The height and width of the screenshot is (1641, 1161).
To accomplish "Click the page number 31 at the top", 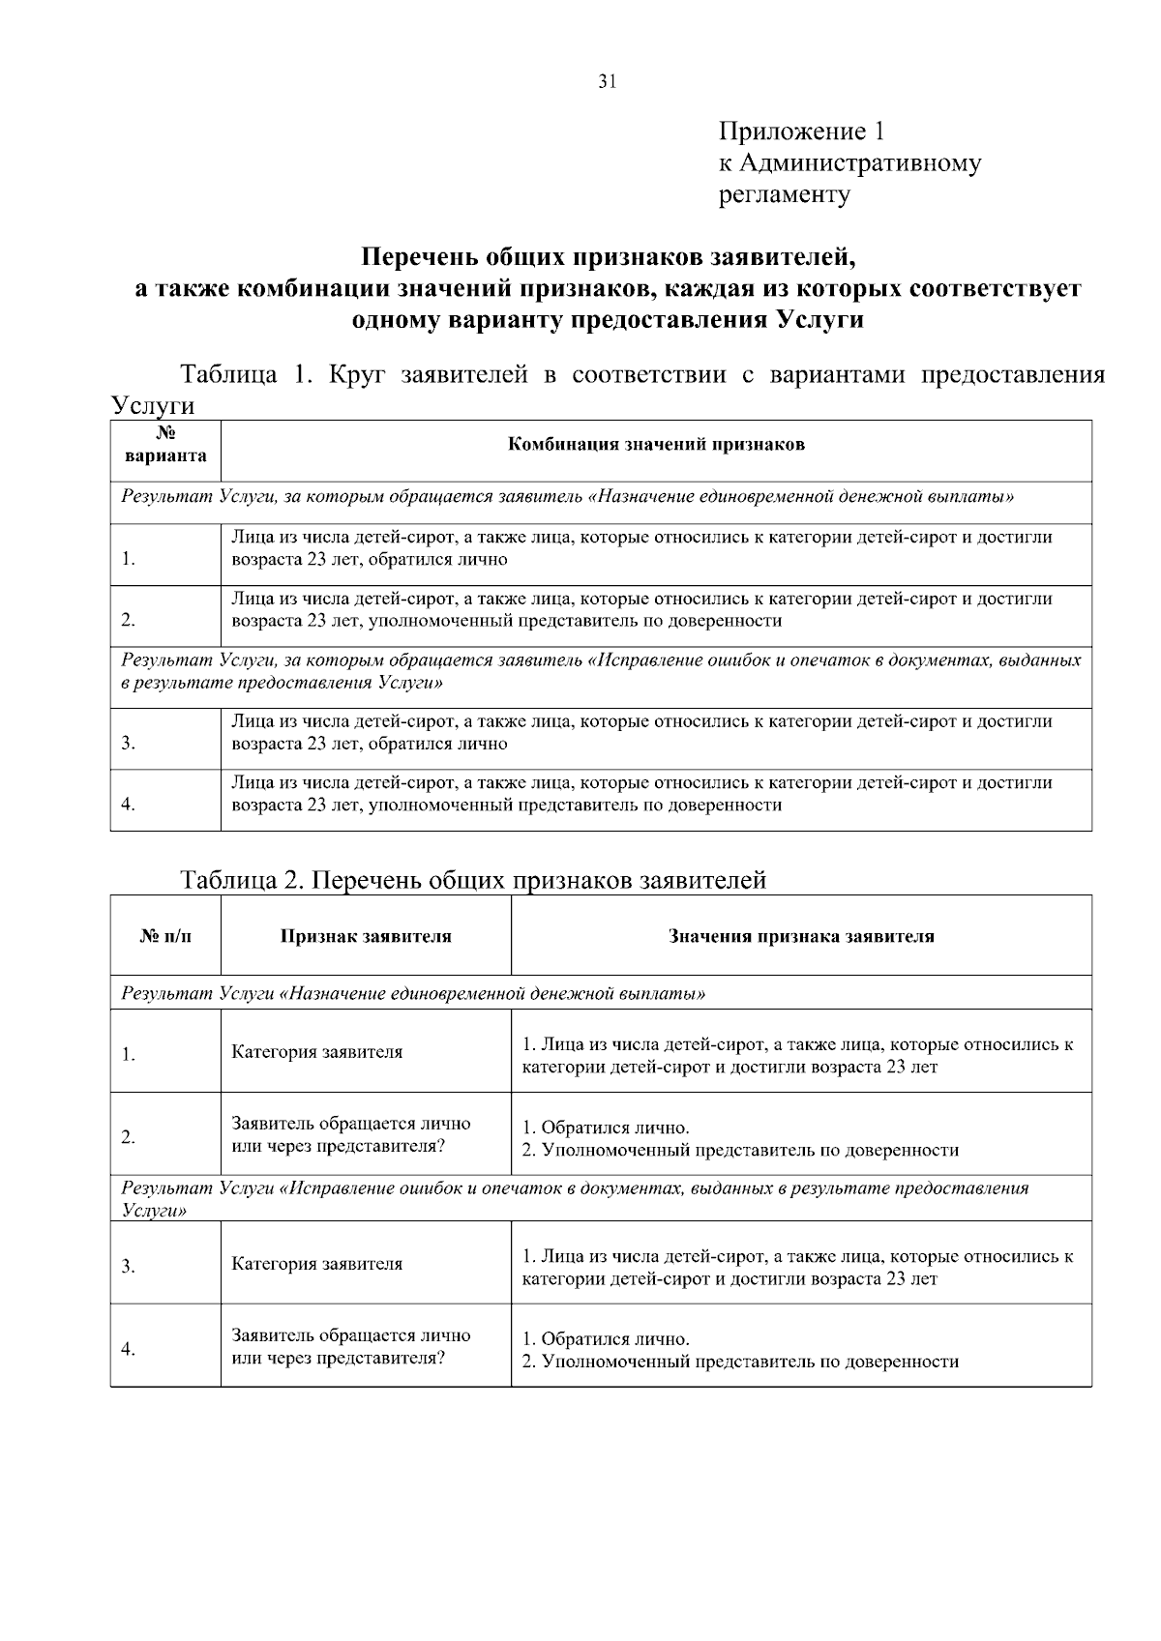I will (x=607, y=82).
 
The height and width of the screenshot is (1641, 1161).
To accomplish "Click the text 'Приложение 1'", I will (x=801, y=131).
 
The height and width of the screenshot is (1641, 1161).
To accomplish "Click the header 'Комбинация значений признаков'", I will (x=656, y=445).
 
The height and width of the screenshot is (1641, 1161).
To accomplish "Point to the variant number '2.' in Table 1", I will (x=128, y=620).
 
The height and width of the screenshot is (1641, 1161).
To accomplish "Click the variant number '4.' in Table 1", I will (x=128, y=805).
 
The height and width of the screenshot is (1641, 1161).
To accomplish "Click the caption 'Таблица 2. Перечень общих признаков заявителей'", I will (x=473, y=880).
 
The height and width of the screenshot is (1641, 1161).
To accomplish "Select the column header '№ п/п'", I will (x=165, y=936).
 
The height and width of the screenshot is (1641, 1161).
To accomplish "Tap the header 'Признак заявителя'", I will (x=366, y=936).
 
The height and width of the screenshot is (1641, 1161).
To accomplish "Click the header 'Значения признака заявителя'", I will (x=801, y=936).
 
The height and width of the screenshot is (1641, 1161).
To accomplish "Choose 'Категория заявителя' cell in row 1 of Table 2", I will (x=316, y=1052).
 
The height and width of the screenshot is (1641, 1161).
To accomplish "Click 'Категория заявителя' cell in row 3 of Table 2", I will (x=316, y=1264).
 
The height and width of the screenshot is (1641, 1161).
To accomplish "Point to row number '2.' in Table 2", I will (x=128, y=1137).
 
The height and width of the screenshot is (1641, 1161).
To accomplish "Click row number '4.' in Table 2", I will (x=128, y=1349).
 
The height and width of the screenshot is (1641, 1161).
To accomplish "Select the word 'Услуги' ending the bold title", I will (x=820, y=320).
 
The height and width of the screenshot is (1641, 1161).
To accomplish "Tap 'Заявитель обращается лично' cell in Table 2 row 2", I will (x=350, y=1124).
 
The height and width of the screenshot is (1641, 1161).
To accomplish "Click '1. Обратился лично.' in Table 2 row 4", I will (x=606, y=1339).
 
